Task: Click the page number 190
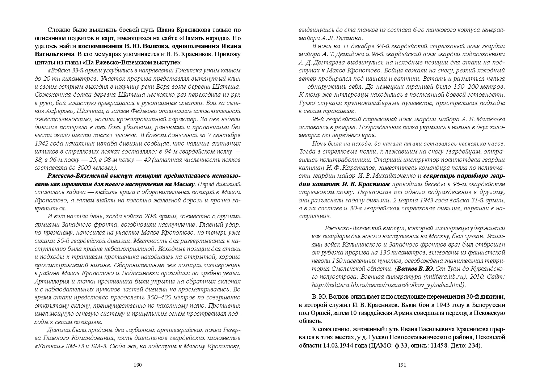(x=137, y=365)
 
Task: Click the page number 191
(x=402, y=365)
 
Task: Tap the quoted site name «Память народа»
(x=205, y=38)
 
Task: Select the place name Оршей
(x=322, y=313)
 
